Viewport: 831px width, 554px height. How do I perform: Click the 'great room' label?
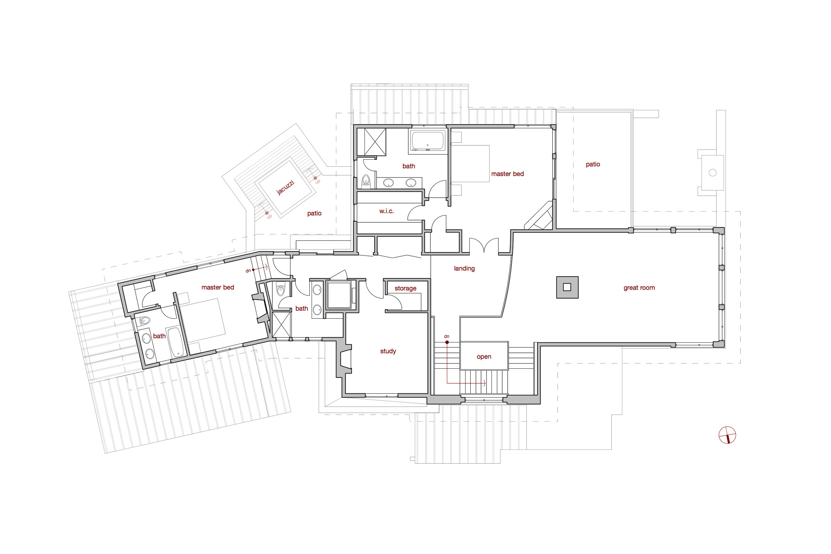(639, 288)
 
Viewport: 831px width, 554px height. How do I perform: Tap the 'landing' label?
(464, 268)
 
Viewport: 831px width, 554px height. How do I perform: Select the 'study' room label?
(388, 351)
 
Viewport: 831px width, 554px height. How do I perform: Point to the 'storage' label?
(405, 288)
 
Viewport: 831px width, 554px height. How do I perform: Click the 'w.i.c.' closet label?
(386, 211)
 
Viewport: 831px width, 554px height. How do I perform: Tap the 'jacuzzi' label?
(285, 187)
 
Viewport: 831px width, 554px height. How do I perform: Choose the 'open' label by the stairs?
(484, 357)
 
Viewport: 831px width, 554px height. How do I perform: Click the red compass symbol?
(727, 435)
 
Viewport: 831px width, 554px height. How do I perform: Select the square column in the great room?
(567, 287)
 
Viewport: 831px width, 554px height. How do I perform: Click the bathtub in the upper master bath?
(428, 140)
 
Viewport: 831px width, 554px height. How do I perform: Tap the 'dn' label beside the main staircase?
(447, 336)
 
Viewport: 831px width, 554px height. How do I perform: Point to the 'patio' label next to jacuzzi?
(314, 214)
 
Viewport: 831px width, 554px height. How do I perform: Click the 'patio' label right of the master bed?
(593, 164)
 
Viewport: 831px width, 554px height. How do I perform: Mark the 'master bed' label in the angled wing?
(217, 287)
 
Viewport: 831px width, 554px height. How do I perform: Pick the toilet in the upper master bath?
(366, 180)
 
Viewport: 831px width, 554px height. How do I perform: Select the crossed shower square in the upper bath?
(375, 142)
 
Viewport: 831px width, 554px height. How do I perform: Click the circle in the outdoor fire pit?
(713, 173)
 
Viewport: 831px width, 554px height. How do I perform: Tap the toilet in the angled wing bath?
(144, 321)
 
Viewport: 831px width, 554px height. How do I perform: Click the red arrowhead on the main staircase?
(485, 383)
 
